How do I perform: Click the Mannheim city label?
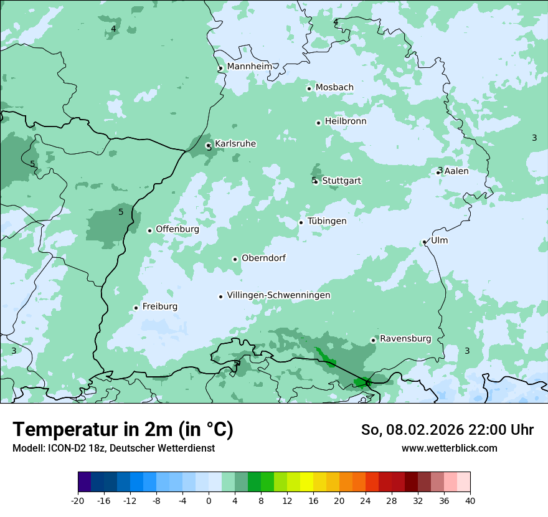pos(249,67)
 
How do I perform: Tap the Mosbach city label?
pos(334,88)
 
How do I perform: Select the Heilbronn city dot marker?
pos(318,123)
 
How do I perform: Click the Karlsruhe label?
pos(235,144)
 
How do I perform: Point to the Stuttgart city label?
pos(341,181)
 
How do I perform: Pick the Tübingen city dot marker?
pos(301,222)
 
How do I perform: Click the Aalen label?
pos(456,171)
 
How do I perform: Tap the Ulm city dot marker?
pos(424,242)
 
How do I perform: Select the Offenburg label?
pos(177,229)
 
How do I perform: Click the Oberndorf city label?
pos(263,258)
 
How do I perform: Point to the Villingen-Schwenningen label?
pos(278,295)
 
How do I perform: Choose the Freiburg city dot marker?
pos(136,308)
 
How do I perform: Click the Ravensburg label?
pos(405,339)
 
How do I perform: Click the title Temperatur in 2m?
pos(123,429)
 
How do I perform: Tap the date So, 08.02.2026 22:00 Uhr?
pos(447,430)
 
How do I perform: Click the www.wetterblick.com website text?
pos(449,448)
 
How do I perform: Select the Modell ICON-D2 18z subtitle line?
pos(113,448)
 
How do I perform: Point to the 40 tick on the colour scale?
pos(470,500)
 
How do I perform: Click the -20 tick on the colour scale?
pos(77,500)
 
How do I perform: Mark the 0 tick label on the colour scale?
pos(209,500)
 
